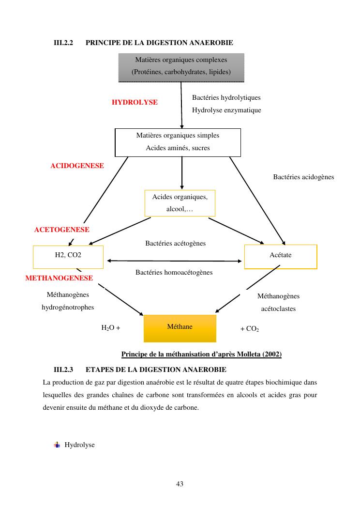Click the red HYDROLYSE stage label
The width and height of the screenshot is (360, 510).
point(135,102)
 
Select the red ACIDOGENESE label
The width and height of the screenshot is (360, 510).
point(77,166)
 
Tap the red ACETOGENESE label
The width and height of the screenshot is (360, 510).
point(61,230)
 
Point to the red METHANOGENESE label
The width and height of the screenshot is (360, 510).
point(59,278)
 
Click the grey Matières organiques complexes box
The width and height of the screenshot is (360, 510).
point(181,67)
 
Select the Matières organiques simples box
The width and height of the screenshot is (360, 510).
point(178,142)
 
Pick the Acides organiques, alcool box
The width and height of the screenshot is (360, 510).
point(180,203)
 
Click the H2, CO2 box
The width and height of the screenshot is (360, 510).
point(68,257)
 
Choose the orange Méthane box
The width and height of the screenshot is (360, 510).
point(180,328)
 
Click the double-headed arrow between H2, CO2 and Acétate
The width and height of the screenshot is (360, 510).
point(174,261)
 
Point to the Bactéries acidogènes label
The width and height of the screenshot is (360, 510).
point(303,177)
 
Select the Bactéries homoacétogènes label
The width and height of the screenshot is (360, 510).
point(174,272)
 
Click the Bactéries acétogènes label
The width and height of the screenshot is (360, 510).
point(175,243)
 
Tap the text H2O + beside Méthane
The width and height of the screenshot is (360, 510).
point(110,327)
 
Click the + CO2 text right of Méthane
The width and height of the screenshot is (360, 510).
point(250,329)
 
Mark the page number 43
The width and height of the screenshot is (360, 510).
point(180,483)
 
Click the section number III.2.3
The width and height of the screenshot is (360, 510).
point(63,370)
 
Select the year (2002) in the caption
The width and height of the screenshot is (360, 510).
point(272,354)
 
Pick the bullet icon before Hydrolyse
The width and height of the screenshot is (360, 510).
point(57,445)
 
